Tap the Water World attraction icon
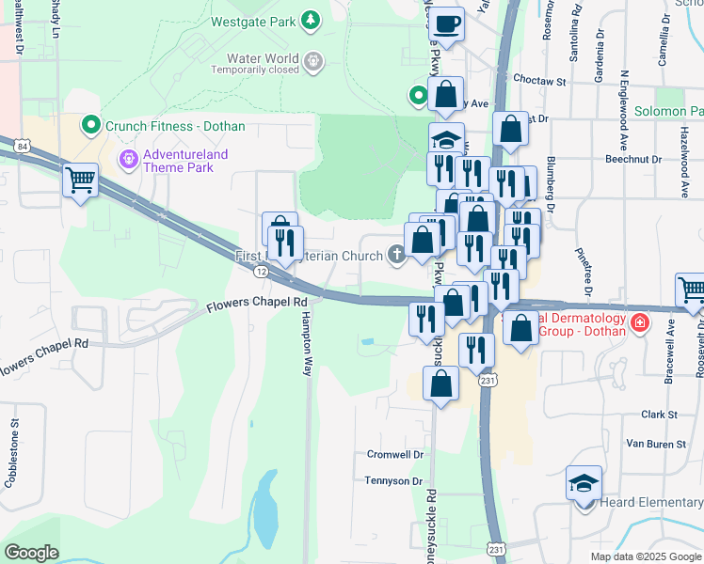click(x=313, y=62)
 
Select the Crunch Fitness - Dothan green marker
click(x=91, y=124)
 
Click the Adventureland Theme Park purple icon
click(x=128, y=160)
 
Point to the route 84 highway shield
click(x=21, y=145)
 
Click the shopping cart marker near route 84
click(x=80, y=179)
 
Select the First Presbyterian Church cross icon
click(x=397, y=254)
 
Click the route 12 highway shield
click(x=260, y=271)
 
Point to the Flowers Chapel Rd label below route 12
click(x=257, y=303)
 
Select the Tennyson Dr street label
click(x=393, y=480)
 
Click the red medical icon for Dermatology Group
click(x=640, y=323)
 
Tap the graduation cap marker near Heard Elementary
click(x=584, y=483)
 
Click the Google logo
click(x=32, y=553)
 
